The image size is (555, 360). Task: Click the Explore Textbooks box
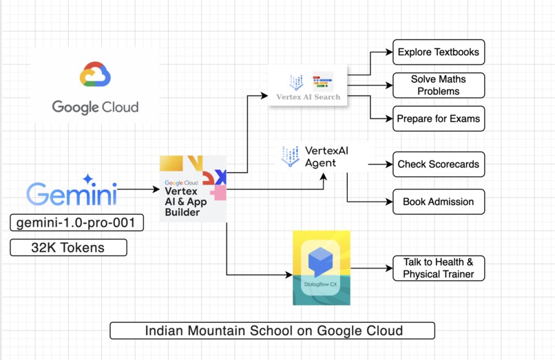438,52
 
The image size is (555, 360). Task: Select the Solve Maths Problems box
438,85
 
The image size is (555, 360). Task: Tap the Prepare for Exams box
438,119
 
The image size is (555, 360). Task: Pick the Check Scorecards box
438,165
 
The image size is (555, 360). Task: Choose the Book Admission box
438,202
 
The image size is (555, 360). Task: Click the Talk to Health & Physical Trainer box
438,268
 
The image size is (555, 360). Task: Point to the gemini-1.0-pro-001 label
76,222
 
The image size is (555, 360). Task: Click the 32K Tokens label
68,248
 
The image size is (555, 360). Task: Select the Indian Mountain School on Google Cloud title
273,330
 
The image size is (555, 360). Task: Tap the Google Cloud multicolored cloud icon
95,75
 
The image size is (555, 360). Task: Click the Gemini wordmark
72,194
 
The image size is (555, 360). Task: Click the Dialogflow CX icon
321,267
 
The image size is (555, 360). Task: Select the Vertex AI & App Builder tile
193,189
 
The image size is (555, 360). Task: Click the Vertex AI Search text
308,97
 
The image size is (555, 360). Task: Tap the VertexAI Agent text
321,157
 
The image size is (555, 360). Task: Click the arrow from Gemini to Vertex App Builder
138,189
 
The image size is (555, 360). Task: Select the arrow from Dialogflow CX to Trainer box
372,268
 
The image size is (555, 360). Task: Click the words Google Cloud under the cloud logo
95,107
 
